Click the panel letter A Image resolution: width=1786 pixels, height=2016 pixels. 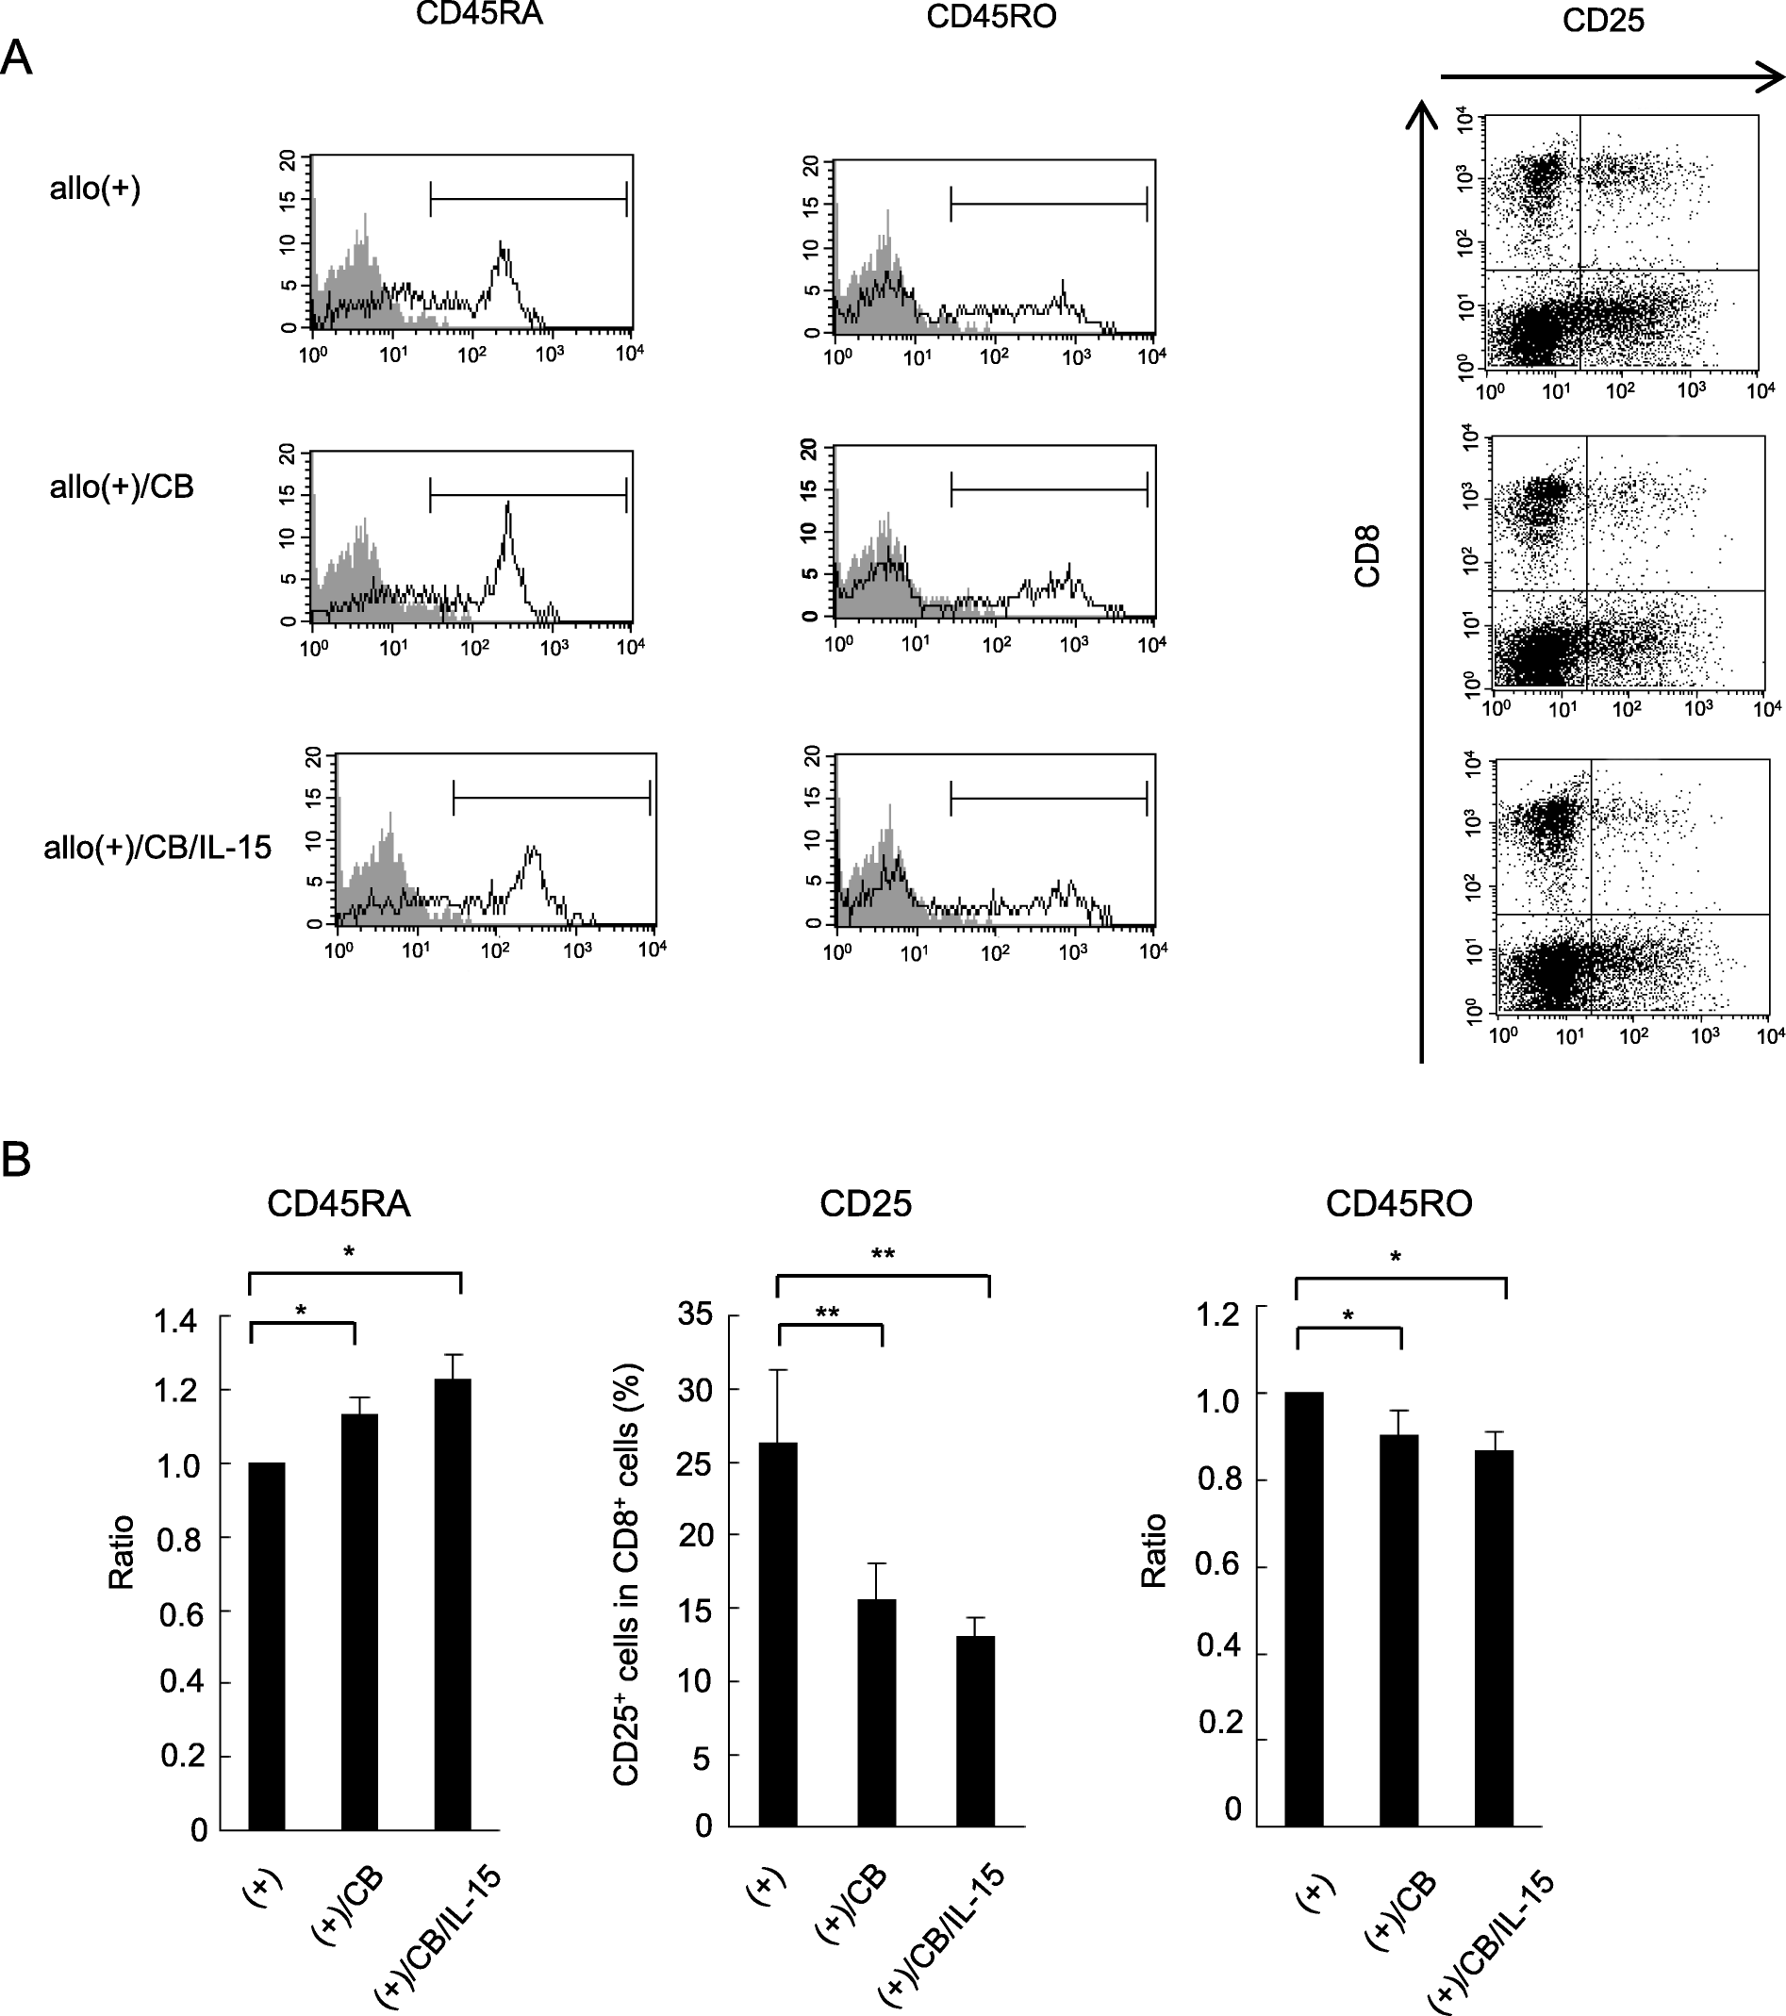point(17,60)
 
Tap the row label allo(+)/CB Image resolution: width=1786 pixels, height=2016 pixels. point(122,487)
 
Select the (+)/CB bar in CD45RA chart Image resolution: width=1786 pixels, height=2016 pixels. point(360,1622)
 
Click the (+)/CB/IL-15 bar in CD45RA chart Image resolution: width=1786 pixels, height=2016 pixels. point(453,1604)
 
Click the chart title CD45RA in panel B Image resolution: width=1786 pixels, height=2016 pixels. point(339,1203)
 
